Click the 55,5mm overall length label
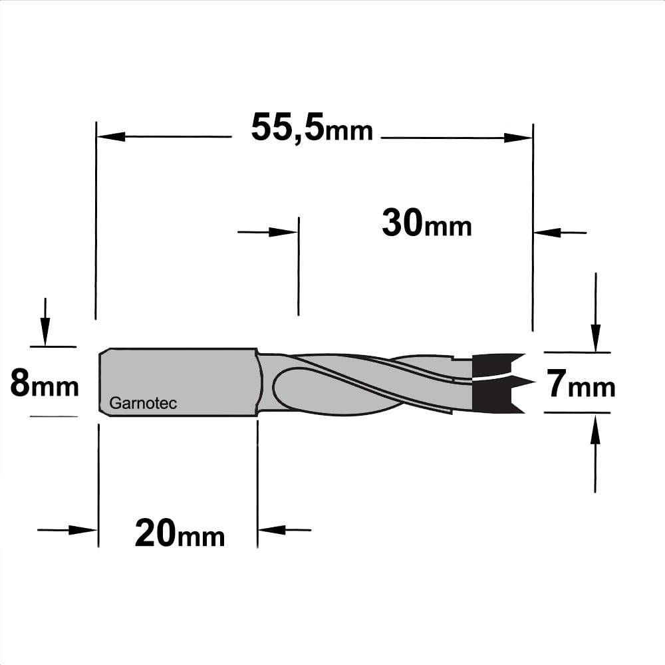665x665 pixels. click(x=312, y=127)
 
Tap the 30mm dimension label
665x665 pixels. click(x=427, y=223)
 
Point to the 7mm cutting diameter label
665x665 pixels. click(x=580, y=384)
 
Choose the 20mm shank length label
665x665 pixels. click(x=180, y=533)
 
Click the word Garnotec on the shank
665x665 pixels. click(x=143, y=403)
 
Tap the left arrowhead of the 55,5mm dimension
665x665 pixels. click(x=111, y=136)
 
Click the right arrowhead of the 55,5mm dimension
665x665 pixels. click(x=518, y=138)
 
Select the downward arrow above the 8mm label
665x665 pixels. click(x=45, y=322)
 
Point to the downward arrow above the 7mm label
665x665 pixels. click(x=596, y=312)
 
